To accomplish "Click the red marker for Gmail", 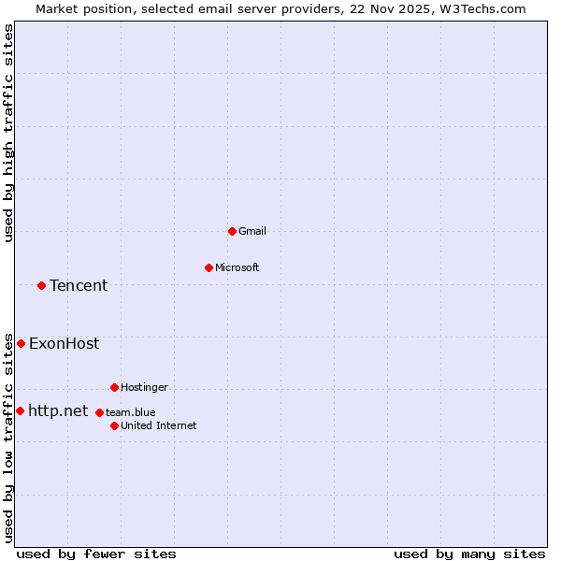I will (x=232, y=231).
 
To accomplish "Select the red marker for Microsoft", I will (x=209, y=267).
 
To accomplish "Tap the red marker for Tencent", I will (x=41, y=285).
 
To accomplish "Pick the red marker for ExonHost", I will (x=21, y=343).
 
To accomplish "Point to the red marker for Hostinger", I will (x=114, y=387).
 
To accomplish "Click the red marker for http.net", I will (x=20, y=410).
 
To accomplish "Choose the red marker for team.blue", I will (x=99, y=412).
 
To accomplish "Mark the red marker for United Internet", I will (x=114, y=425).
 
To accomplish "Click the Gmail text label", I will (x=252, y=231).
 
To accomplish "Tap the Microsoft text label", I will (x=237, y=267).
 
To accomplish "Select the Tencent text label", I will (x=79, y=285).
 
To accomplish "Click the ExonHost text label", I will (x=64, y=343).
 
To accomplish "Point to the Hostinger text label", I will (x=144, y=387).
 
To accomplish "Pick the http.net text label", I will (x=58, y=410).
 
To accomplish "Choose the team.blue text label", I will (x=131, y=412).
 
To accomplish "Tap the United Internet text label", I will (x=159, y=425).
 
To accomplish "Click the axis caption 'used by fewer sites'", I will (x=96, y=554).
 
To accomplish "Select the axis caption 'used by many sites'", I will (x=469, y=554).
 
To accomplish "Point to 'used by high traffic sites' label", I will (x=8, y=133).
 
